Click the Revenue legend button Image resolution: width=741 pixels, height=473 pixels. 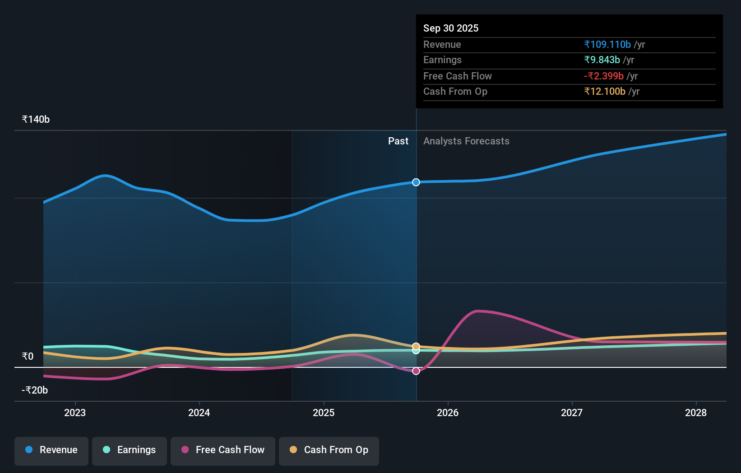pos(51,450)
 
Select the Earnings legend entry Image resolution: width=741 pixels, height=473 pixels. pos(130,450)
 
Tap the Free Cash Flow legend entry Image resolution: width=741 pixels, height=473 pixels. pos(223,450)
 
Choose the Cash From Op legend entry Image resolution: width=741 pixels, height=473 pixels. pos(329,450)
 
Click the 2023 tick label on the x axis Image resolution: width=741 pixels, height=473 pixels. pos(75,413)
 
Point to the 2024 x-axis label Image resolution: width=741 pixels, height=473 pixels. pos(199,413)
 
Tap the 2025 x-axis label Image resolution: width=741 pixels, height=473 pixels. pos(324,413)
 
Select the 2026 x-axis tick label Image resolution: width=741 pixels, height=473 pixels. pos(448,413)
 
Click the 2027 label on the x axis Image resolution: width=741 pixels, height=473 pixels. pos(572,413)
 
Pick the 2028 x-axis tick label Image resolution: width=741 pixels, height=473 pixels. pos(696,413)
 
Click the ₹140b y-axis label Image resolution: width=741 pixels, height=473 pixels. pos(36,120)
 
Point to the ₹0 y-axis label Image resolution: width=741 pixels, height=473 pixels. pos(28,357)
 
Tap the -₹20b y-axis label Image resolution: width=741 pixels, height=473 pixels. pos(35,390)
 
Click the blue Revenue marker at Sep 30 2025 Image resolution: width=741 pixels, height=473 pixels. pos(416,182)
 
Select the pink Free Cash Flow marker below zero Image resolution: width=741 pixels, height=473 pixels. pos(416,371)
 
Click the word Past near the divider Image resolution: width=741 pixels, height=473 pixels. pos(398,141)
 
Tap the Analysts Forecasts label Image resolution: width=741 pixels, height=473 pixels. pos(466,141)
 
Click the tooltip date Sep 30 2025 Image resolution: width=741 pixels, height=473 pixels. pos(451,28)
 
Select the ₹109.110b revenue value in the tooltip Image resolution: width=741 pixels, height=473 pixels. pos(607,44)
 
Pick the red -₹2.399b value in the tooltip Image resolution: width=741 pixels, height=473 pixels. pos(604,76)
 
